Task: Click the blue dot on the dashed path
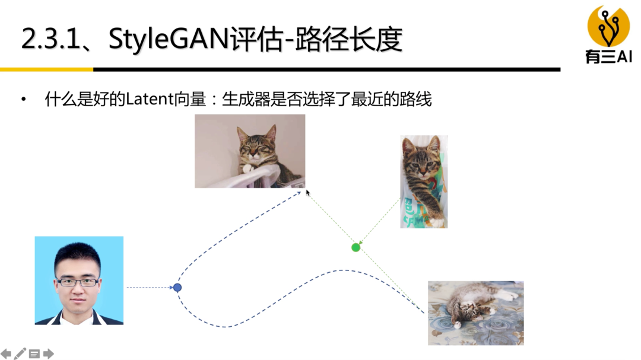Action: [x=177, y=288]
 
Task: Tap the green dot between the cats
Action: [x=356, y=247]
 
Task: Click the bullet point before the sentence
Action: [x=24, y=99]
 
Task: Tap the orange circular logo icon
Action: [x=608, y=27]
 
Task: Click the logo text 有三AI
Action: [x=608, y=57]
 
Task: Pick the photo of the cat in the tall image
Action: [x=424, y=181]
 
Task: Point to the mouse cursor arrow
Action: [x=307, y=192]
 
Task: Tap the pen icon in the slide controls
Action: [x=20, y=353]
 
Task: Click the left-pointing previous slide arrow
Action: [x=6, y=354]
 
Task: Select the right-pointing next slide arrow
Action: [x=49, y=354]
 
